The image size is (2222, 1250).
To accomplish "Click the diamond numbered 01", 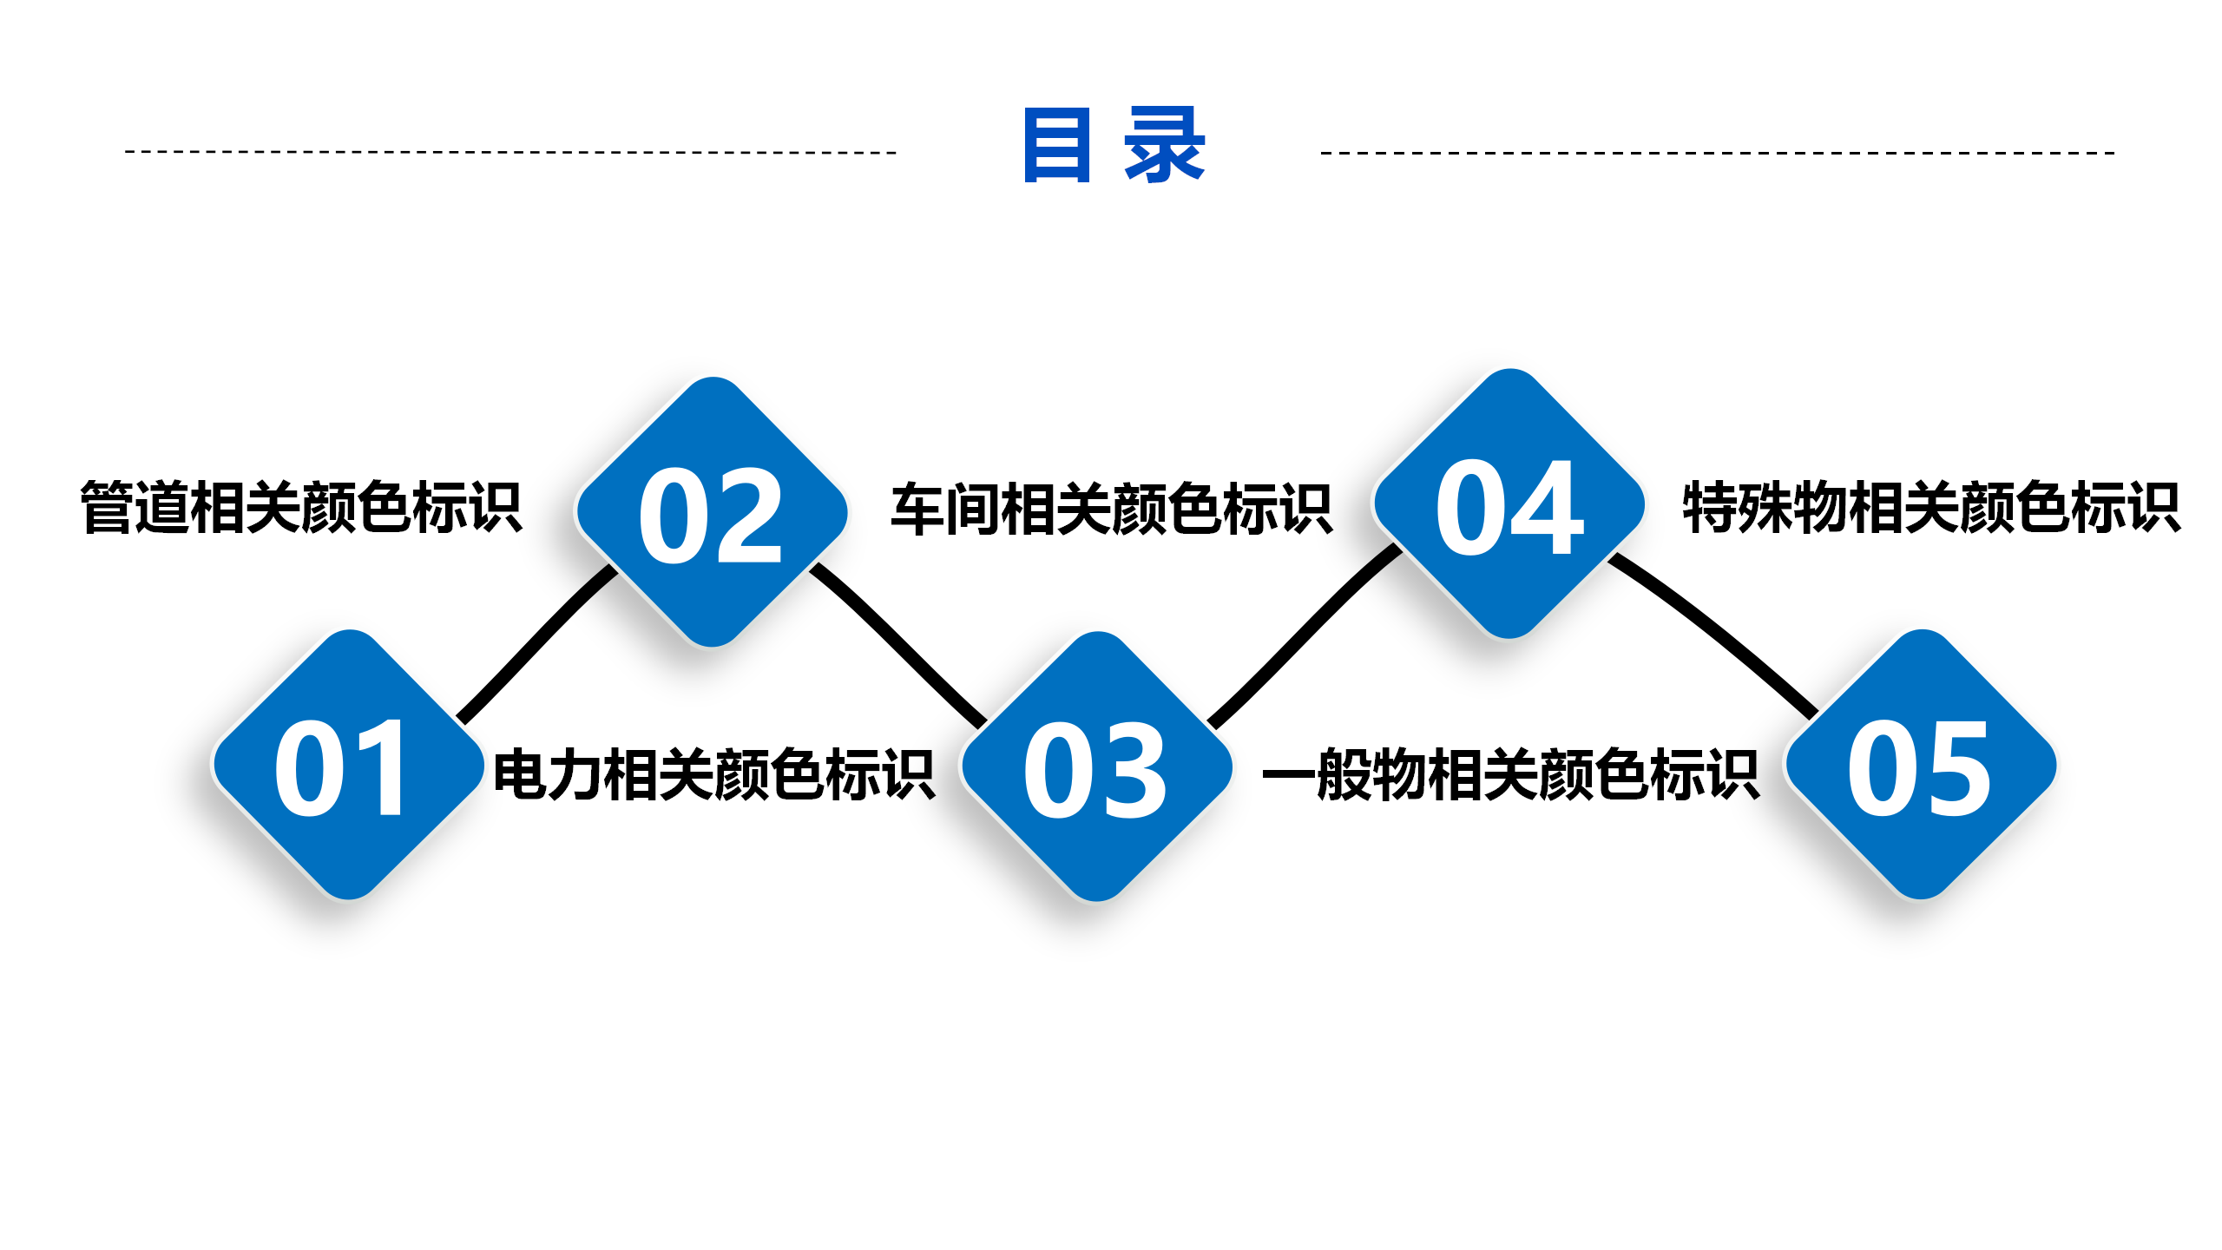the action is (x=348, y=765).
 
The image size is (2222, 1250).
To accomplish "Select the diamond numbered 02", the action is (x=712, y=512).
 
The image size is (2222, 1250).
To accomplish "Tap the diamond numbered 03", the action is (x=1097, y=766).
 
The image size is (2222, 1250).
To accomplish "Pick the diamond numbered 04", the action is (x=1509, y=504).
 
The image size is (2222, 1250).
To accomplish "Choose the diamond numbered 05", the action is (x=1921, y=764).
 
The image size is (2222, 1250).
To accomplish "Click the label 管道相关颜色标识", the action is (x=301, y=507).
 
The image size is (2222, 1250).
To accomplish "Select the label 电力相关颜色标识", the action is (x=714, y=773).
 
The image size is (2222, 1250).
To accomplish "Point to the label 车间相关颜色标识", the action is (x=1111, y=510).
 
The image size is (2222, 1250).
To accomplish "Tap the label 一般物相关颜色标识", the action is (x=1511, y=773).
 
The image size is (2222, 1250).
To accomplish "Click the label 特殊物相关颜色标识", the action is (x=1931, y=507).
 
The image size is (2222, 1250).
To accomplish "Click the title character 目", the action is (x=1057, y=145).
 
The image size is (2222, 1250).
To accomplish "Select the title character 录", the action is (x=1165, y=145).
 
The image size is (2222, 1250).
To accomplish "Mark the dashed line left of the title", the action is (x=511, y=152).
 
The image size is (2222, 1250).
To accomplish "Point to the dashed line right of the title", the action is (x=1718, y=153).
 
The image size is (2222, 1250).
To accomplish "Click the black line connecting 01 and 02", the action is (x=536, y=644).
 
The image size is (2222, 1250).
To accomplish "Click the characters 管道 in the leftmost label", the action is (x=135, y=507).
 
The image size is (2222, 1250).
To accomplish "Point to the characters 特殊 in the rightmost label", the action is (x=1737, y=507).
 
